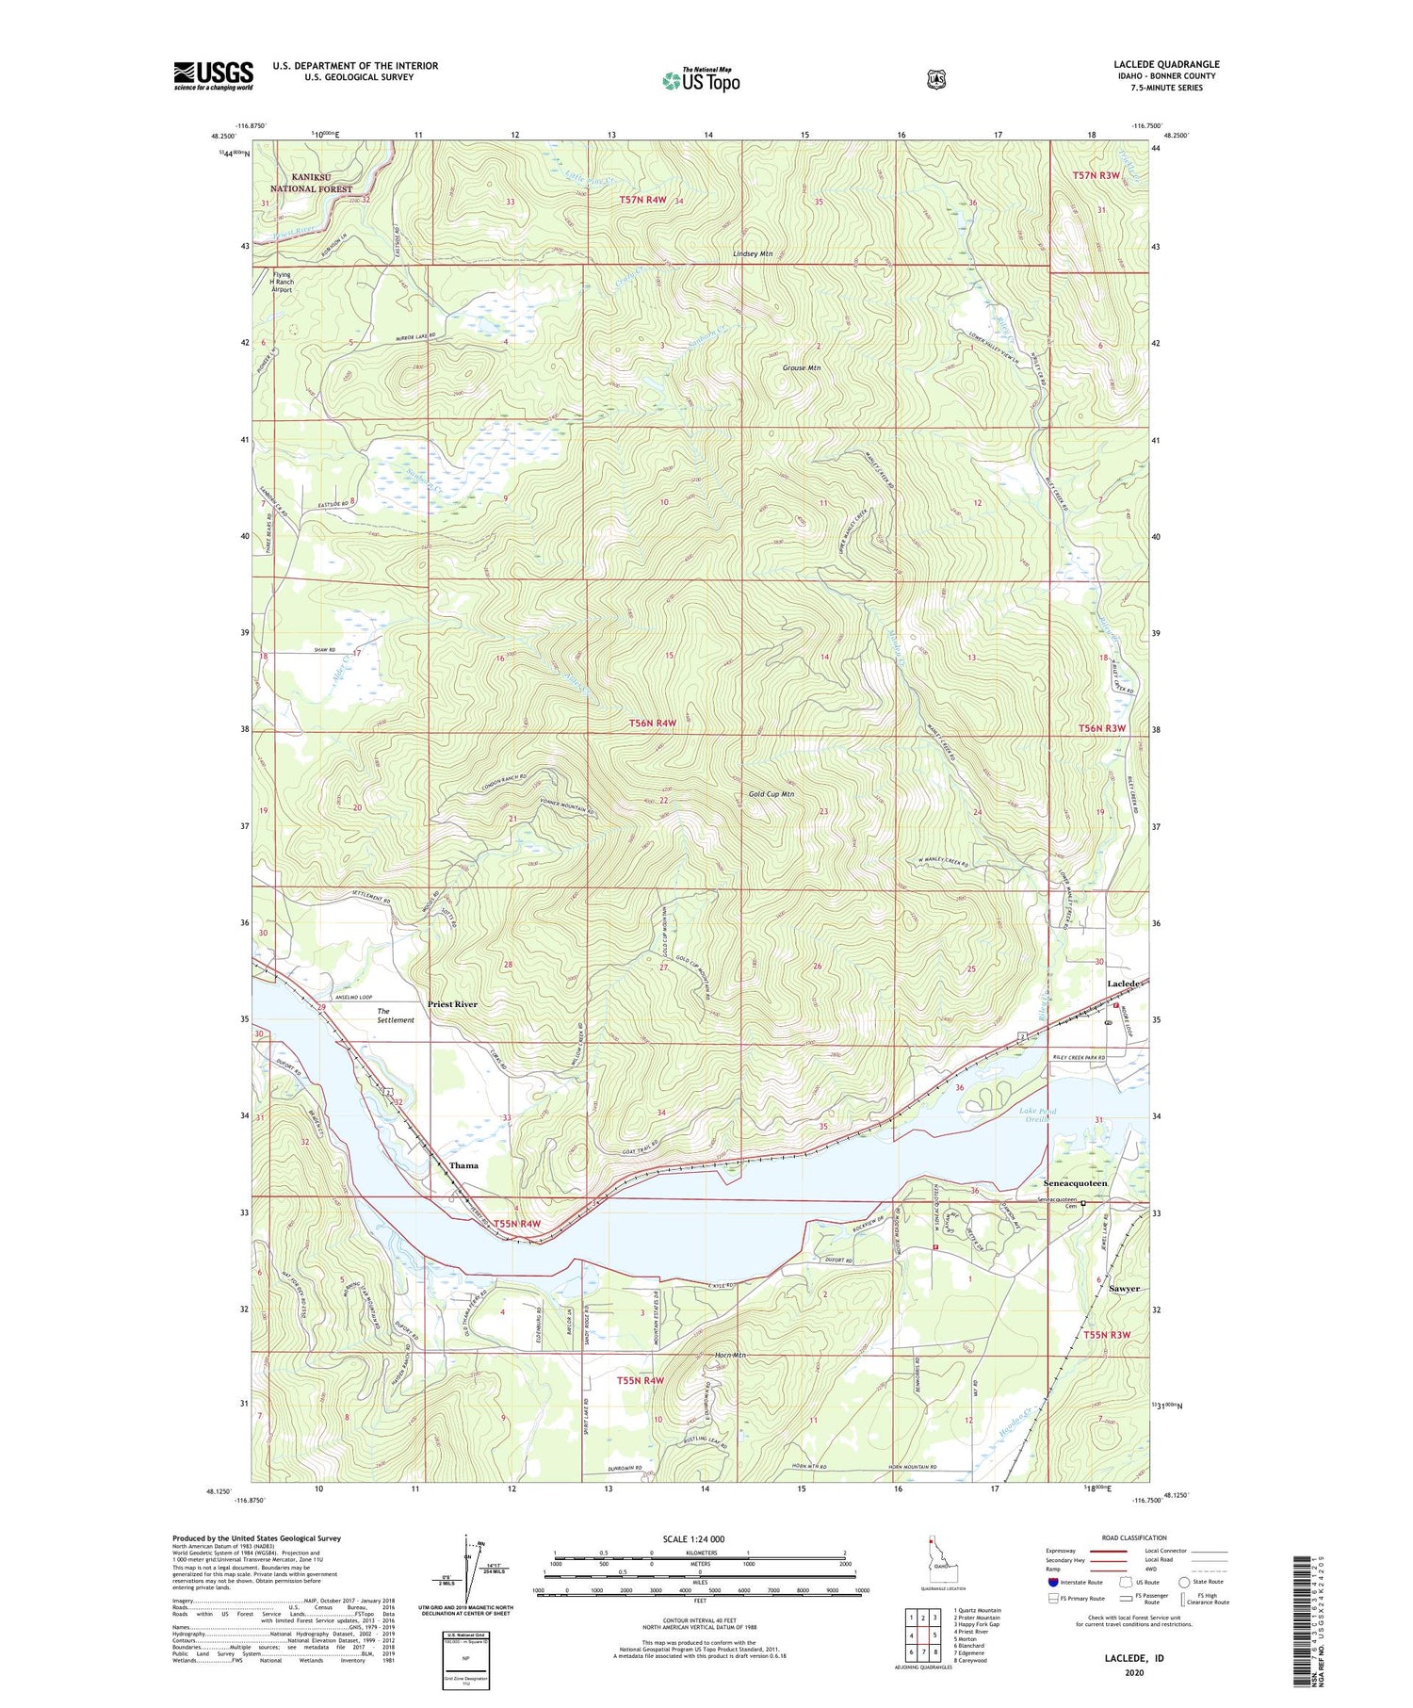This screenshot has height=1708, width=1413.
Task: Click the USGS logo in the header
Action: [213, 75]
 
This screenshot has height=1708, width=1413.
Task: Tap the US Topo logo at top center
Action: [701, 81]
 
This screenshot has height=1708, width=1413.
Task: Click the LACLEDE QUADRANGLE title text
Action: [1165, 64]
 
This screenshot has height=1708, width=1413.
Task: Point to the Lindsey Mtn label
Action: [753, 254]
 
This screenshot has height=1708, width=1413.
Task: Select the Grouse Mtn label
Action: [802, 367]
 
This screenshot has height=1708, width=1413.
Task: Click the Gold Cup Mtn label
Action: [771, 794]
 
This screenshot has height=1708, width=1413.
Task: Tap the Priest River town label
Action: [452, 1004]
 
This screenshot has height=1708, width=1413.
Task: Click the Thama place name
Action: [463, 1165]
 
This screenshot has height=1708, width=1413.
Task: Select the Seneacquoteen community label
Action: [1075, 1183]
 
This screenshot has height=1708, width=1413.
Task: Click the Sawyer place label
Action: [1124, 1288]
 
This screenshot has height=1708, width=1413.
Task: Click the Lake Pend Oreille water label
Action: [1038, 1115]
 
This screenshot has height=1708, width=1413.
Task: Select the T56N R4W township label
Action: [653, 723]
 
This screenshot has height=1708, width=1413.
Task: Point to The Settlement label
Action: [395, 1016]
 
